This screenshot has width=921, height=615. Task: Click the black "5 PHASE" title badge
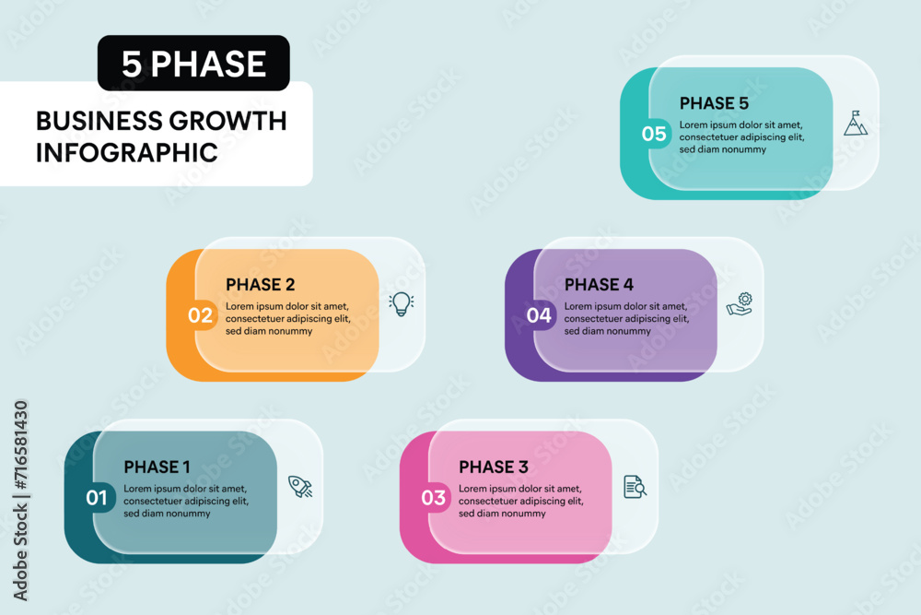pos(193,63)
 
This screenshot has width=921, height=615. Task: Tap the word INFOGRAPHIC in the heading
pos(127,153)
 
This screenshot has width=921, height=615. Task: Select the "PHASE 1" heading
pos(157,467)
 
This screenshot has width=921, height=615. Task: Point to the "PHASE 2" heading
pos(261,285)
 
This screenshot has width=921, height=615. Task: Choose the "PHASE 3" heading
pos(494,467)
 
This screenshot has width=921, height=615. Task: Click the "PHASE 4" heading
pos(599,285)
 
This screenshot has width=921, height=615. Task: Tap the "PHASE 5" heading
pos(714,103)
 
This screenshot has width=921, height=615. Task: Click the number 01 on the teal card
pos(97,498)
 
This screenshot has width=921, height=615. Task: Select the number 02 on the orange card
pos(200,315)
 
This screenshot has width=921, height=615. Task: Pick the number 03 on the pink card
pos(434,498)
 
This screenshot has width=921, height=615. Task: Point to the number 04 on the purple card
pos(539,315)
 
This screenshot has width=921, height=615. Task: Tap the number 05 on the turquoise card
pos(654,134)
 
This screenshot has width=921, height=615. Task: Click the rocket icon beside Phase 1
pos(300,487)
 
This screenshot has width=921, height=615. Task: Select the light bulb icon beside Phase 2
pos(402,304)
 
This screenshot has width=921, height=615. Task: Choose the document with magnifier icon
pos(635,487)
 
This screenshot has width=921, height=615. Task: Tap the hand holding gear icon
pos(740,304)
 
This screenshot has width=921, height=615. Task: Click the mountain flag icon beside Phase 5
pos(856,123)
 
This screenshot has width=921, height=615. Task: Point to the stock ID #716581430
pos(20,445)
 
